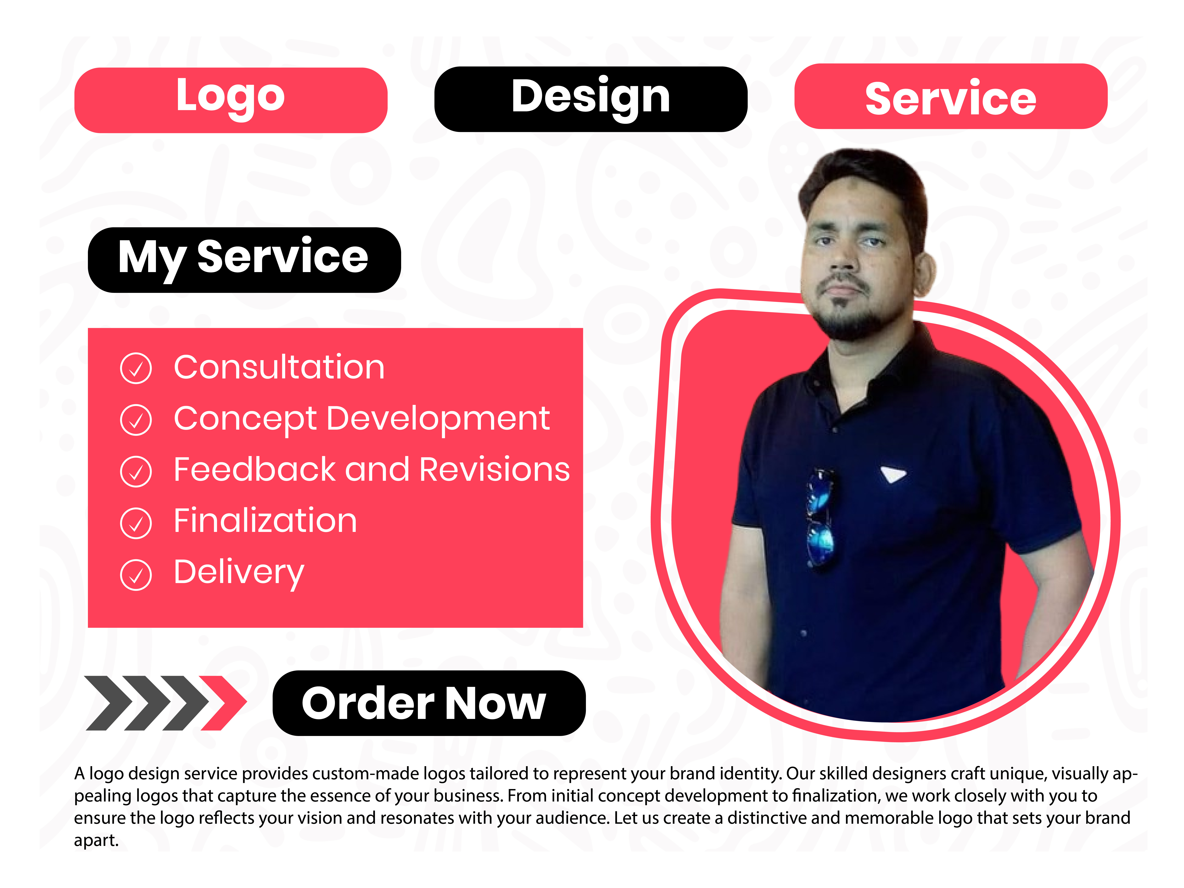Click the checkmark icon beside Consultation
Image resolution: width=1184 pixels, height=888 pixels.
click(136, 368)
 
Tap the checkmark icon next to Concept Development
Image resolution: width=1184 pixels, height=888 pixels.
click(136, 420)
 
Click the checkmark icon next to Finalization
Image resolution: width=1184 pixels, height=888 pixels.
click(136, 523)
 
